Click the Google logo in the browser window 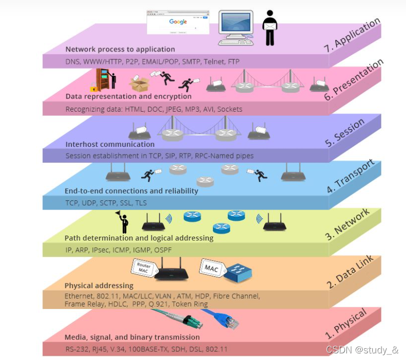pos(178,22)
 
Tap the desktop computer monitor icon pos(236,25)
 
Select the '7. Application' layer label pos(352,36)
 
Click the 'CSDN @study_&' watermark pos(362,350)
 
